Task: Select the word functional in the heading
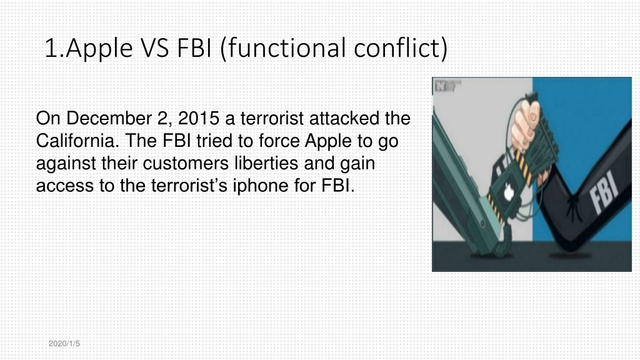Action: tap(286, 47)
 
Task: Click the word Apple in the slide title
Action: tap(99, 49)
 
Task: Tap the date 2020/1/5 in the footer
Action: tap(64, 344)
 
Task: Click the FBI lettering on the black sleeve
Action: tap(604, 192)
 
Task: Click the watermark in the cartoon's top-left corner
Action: tap(447, 86)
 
